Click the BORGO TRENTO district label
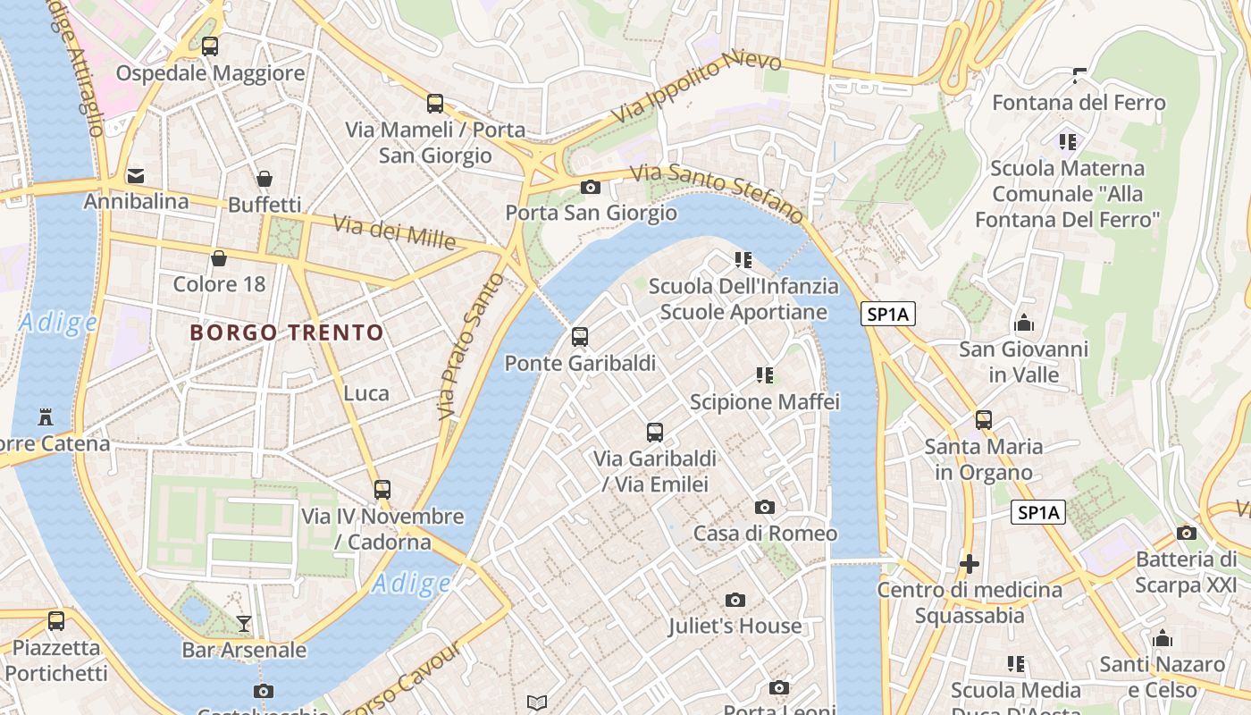[x=287, y=333]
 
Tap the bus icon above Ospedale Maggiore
[x=210, y=46]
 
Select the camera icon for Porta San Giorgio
[x=590, y=187]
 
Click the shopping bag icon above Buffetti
[x=264, y=179]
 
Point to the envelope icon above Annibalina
[x=136, y=175]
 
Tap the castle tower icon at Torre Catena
[x=46, y=416]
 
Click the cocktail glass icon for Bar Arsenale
[x=244, y=623]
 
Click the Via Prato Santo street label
[x=459, y=348]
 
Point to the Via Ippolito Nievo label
[x=696, y=88]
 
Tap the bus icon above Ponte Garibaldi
[x=580, y=337]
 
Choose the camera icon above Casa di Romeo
[x=765, y=508]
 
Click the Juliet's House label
[x=735, y=626]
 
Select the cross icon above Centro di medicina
[x=970, y=564]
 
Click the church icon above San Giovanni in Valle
[x=1024, y=323]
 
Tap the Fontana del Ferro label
[x=1079, y=103]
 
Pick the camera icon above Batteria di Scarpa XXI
[x=1187, y=534]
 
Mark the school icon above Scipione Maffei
[x=765, y=375]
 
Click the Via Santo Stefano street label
[x=717, y=192]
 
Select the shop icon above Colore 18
[x=219, y=259]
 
